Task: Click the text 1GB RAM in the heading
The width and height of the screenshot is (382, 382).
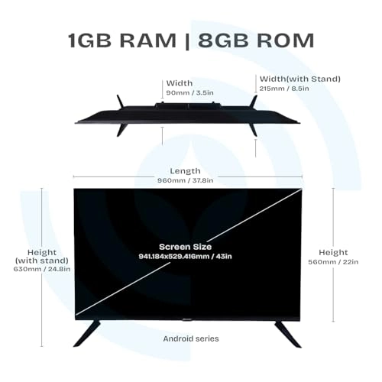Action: (122, 40)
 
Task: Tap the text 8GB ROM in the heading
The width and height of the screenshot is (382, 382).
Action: (256, 40)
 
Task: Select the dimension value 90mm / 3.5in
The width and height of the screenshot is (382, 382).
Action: (189, 92)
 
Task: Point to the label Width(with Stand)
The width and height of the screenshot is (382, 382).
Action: (300, 79)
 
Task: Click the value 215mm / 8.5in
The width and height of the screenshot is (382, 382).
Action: (284, 89)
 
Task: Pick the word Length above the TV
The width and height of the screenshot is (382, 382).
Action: (185, 171)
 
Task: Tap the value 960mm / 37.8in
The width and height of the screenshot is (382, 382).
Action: (186, 180)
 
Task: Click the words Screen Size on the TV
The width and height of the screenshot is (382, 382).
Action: (186, 247)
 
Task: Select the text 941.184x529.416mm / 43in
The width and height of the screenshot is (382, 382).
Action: (186, 256)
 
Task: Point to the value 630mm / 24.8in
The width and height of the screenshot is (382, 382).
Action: (42, 269)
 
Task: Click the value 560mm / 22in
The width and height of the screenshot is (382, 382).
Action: (333, 262)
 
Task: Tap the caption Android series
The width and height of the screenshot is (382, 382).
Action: (191, 338)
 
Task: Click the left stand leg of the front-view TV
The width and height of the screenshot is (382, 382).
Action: (87, 334)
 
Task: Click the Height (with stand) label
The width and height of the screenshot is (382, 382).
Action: (42, 257)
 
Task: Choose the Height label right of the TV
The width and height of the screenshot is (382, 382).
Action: (333, 252)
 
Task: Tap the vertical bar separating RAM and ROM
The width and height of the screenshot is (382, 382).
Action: (187, 40)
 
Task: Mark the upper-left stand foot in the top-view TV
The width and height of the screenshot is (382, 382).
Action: (120, 102)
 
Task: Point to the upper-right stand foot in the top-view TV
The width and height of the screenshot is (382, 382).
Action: (254, 102)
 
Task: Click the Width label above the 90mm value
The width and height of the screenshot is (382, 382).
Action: (180, 83)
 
